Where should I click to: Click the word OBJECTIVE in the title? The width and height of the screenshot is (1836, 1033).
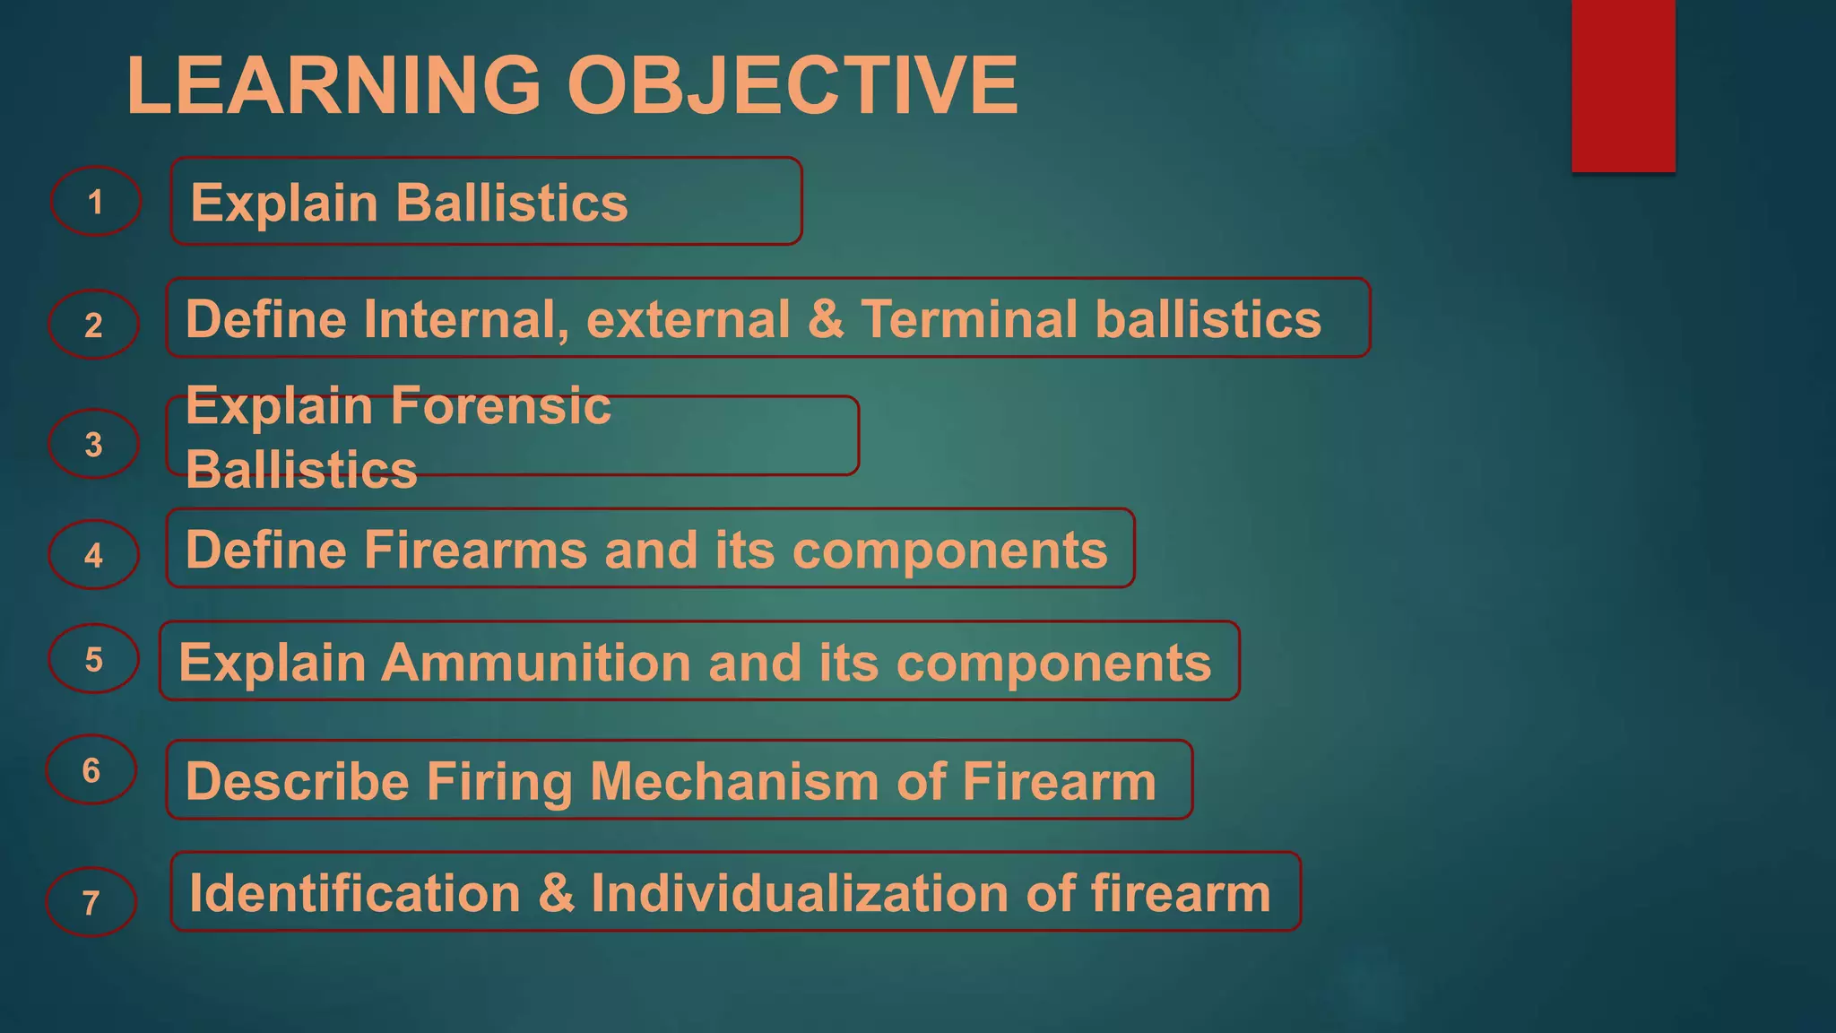(792, 85)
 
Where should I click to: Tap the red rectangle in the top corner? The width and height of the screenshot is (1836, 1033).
(1623, 85)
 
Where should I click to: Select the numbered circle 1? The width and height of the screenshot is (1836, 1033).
(96, 202)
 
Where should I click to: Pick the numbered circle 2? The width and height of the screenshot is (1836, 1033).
(93, 325)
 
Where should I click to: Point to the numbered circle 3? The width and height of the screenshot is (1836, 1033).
(93, 444)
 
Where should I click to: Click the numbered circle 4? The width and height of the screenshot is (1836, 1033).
(93, 555)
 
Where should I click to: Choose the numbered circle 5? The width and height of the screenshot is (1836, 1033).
(93, 659)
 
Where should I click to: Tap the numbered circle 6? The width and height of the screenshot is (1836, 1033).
(91, 769)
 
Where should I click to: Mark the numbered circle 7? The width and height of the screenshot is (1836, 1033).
(91, 901)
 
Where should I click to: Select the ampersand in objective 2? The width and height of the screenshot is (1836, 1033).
(826, 320)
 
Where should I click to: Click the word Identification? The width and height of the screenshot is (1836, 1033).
(355, 894)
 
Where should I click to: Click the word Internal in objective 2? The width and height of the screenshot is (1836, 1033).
(466, 320)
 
